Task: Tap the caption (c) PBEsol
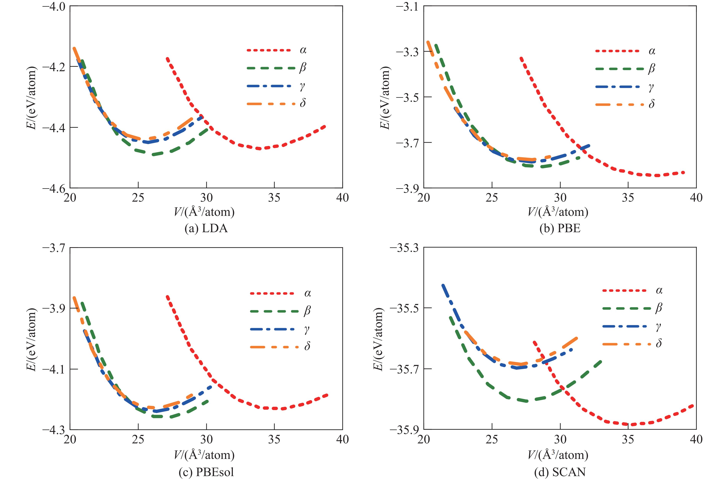point(206,472)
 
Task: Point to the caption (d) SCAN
point(560,472)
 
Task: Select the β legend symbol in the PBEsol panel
point(307,311)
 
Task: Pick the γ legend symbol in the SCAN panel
point(658,326)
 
